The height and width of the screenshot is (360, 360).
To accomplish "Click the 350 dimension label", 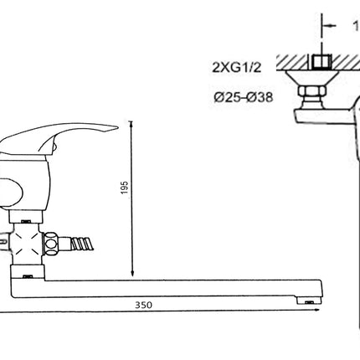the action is point(144,305).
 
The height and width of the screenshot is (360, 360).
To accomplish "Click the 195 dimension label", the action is point(125,188).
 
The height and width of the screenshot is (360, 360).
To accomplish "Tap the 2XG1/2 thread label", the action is point(237,67).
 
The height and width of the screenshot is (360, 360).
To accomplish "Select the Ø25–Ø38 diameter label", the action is point(244,97).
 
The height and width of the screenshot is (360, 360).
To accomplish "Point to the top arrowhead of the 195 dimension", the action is point(131,125).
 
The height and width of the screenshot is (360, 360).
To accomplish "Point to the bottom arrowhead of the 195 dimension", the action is point(132,273).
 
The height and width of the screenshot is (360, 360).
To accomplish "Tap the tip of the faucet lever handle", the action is point(117,128).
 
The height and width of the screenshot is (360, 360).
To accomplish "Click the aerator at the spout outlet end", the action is point(309,301).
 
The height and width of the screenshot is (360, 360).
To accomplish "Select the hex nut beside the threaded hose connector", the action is point(51,243).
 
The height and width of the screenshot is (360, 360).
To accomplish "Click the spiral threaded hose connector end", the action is point(82,243).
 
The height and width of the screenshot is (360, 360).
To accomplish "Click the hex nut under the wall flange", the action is point(311,91).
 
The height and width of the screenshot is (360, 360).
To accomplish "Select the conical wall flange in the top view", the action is point(311,78).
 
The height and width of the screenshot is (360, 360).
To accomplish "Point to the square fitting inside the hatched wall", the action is point(321,62).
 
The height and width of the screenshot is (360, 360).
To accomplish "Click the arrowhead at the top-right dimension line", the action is point(329,26).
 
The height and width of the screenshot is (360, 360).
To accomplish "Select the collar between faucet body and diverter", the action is point(26,217).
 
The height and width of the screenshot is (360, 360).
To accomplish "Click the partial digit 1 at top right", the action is point(357,26).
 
